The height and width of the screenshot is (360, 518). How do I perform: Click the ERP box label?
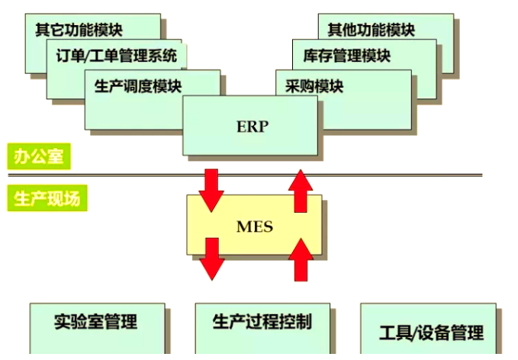pos(253,127)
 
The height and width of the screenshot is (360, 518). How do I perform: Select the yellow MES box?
pos(254,227)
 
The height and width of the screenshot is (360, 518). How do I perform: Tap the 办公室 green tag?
pos(39,156)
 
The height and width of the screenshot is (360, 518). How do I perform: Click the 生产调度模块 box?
pos(138,85)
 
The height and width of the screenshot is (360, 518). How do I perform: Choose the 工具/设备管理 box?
pos(431,333)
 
